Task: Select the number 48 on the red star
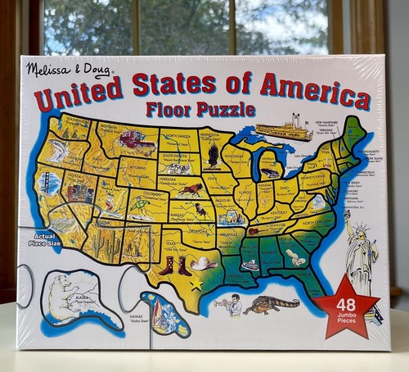coord(346,302)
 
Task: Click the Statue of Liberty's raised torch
coord(346,215)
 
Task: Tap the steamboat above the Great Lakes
coord(281,130)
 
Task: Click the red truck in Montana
coord(137,143)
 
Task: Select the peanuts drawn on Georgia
coord(295,258)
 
